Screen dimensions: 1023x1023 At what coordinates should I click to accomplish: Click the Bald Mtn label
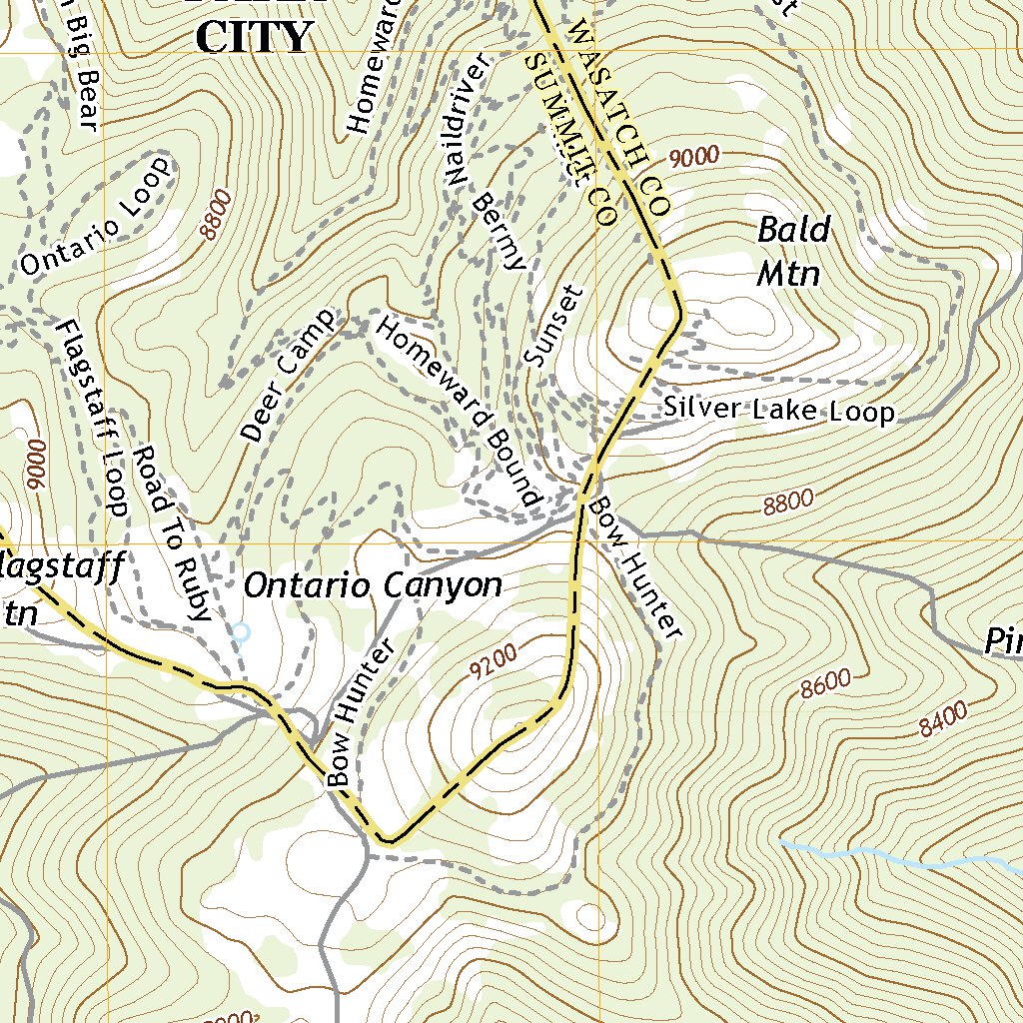click(792, 251)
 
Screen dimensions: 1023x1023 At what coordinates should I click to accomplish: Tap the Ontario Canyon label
click(373, 585)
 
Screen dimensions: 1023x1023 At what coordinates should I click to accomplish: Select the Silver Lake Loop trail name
click(779, 410)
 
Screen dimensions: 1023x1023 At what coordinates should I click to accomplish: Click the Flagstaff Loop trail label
click(92, 418)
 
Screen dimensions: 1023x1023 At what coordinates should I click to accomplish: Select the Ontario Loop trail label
click(95, 216)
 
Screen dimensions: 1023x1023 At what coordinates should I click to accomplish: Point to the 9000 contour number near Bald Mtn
click(694, 156)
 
